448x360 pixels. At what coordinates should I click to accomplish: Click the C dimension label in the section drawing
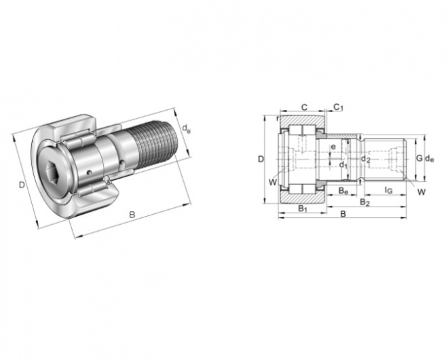pyautogui.click(x=305, y=107)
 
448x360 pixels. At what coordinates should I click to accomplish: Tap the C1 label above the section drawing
pyautogui.click(x=338, y=107)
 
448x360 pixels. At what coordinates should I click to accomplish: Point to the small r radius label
pyautogui.click(x=278, y=118)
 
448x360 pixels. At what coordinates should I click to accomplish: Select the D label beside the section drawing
pyautogui.click(x=261, y=159)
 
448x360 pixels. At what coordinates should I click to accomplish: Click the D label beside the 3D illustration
pyautogui.click(x=22, y=185)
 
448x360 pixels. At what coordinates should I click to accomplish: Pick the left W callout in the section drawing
pyautogui.click(x=273, y=182)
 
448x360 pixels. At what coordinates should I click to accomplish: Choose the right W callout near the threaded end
pyautogui.click(x=422, y=192)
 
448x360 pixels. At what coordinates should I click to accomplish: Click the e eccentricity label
pyautogui.click(x=333, y=147)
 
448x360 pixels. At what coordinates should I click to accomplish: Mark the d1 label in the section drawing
pyautogui.click(x=343, y=164)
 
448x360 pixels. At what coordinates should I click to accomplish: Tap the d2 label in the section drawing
pyautogui.click(x=365, y=159)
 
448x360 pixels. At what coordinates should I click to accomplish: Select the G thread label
pyautogui.click(x=419, y=158)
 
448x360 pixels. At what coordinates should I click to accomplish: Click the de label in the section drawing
pyautogui.click(x=430, y=159)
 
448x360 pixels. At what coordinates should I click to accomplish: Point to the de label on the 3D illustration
pyautogui.click(x=186, y=128)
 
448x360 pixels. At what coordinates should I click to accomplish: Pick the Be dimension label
pyautogui.click(x=343, y=190)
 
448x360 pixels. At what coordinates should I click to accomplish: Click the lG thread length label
pyautogui.click(x=388, y=190)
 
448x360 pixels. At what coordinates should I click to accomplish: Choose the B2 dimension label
pyautogui.click(x=365, y=202)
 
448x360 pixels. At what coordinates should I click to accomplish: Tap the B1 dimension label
pyautogui.click(x=303, y=209)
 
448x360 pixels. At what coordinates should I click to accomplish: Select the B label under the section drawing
pyautogui.click(x=343, y=213)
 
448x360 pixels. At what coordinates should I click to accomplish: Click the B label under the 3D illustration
pyautogui.click(x=132, y=215)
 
